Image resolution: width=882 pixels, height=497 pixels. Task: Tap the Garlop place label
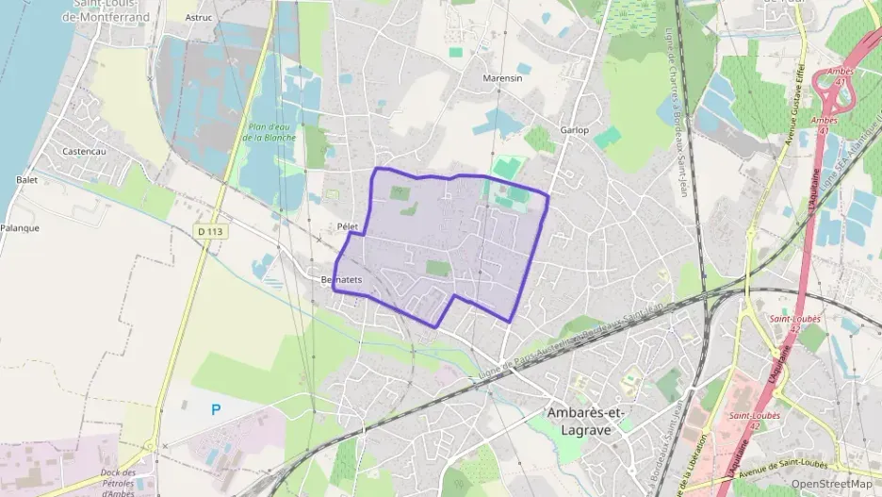tap(574, 129)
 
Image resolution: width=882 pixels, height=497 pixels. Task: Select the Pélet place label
tap(348, 227)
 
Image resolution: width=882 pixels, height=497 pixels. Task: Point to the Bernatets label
tap(341, 280)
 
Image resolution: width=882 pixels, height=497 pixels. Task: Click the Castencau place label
tap(82, 151)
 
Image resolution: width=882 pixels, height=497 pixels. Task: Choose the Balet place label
tap(26, 179)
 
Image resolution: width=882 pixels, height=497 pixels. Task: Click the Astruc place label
tap(199, 17)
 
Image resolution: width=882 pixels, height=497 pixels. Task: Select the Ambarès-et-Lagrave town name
tap(586, 421)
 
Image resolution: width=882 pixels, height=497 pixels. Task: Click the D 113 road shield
tap(214, 230)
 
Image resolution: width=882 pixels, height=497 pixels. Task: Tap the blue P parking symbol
tap(216, 409)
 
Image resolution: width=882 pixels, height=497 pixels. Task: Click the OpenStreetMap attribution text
tap(831, 484)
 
